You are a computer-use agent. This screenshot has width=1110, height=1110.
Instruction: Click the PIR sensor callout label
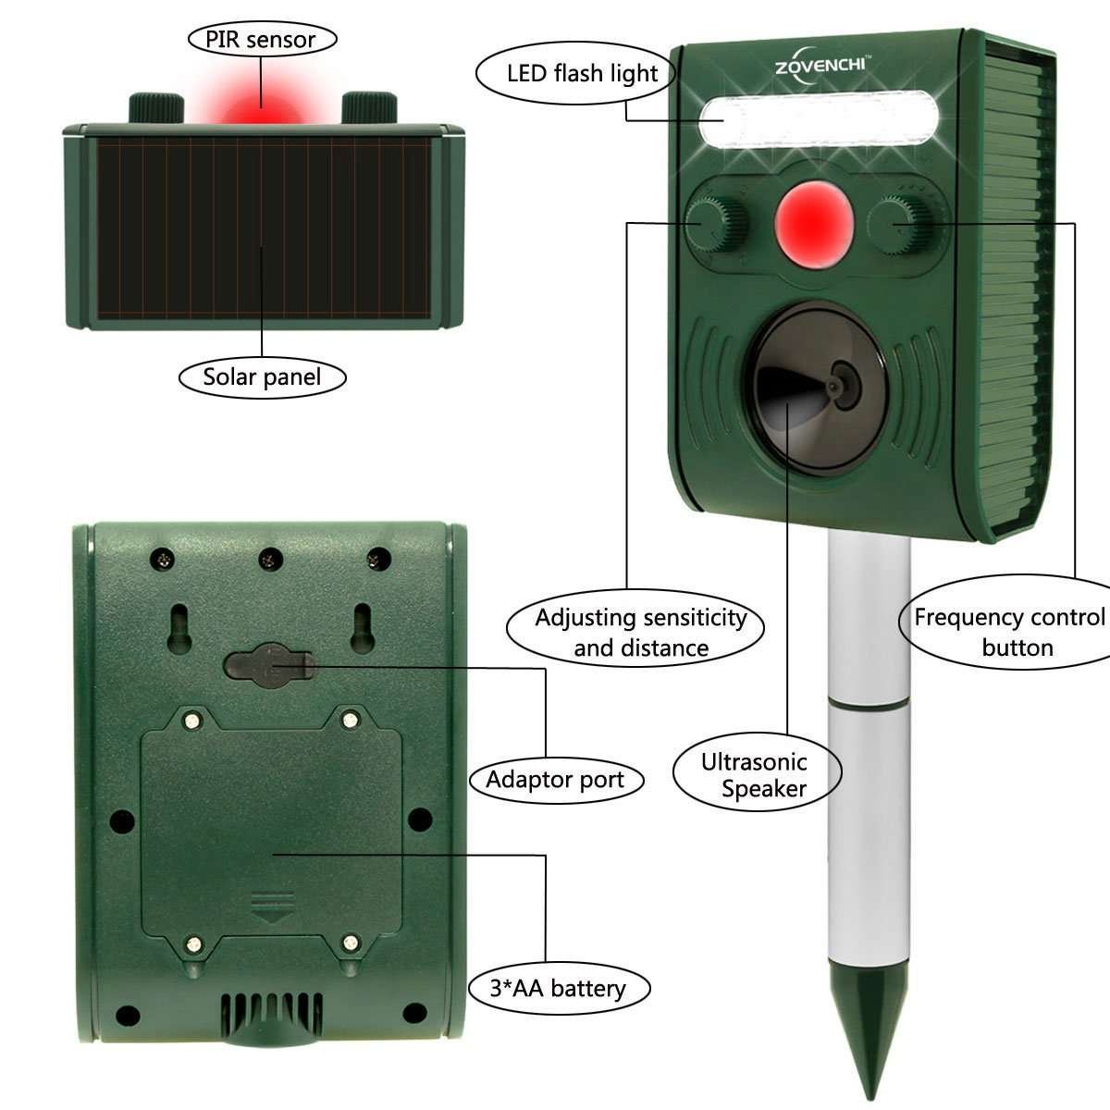pos(262,39)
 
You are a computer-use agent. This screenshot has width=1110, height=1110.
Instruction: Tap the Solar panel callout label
pos(262,377)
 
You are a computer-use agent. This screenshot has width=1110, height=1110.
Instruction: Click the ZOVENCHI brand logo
pos(820,65)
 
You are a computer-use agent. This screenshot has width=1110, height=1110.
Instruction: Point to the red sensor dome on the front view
pos(813,224)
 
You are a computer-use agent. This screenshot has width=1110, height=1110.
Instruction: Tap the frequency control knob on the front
pos(900,224)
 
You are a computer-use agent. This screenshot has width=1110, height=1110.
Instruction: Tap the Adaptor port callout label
pos(556,780)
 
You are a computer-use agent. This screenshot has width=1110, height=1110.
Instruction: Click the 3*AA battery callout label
pos(559,988)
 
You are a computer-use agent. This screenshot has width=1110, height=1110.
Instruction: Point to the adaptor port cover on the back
pos(269,665)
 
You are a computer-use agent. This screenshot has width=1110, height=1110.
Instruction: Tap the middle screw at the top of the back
pos(270,559)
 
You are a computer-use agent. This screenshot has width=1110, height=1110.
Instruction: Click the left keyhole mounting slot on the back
pos(179,628)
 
